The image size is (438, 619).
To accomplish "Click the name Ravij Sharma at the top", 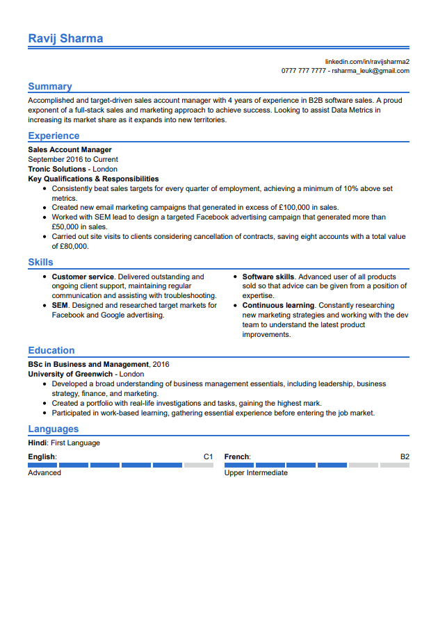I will [x=65, y=38].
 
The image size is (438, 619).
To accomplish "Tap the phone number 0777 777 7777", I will [x=303, y=71].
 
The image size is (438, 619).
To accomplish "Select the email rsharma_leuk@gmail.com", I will [x=371, y=71].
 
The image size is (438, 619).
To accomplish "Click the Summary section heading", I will [x=49, y=86].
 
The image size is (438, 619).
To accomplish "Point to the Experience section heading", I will [x=54, y=135].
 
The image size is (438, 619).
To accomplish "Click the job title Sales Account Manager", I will [x=70, y=149].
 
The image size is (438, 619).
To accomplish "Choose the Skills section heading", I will [x=40, y=262].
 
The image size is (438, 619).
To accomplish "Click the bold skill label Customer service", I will [x=83, y=277].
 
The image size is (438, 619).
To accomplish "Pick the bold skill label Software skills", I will [x=268, y=277].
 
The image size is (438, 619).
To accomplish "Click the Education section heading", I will [x=51, y=350].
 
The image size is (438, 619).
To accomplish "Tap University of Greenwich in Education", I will [x=70, y=374].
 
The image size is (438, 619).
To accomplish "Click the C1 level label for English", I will [x=208, y=456].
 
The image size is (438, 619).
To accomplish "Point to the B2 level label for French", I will [x=405, y=456].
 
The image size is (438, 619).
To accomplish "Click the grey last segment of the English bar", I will [x=199, y=465].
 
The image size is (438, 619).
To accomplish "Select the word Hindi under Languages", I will [x=37, y=443].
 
